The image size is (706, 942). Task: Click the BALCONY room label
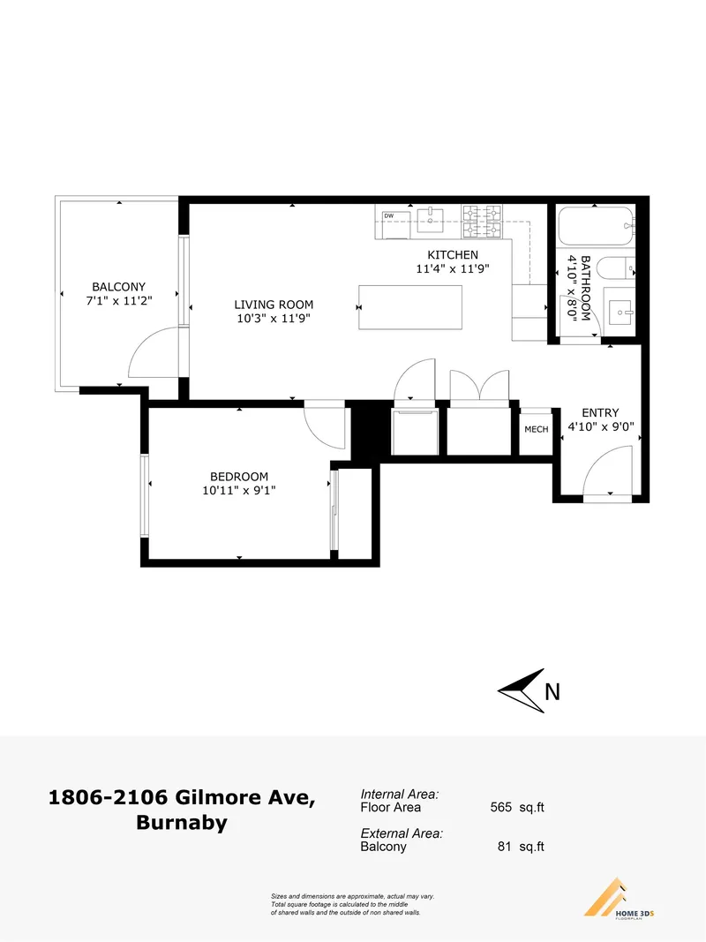[x=119, y=287]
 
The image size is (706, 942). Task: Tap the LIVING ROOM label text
[x=274, y=305]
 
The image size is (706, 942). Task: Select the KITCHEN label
[x=453, y=255]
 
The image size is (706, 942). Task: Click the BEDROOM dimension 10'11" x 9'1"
[x=239, y=491]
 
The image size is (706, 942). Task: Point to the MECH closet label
[x=537, y=430]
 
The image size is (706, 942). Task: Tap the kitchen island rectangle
[x=410, y=307]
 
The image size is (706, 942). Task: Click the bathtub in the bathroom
[x=597, y=227]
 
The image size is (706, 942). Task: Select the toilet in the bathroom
[x=613, y=268]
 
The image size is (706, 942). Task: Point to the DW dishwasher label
[x=388, y=215]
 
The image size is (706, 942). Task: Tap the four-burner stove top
[x=483, y=222]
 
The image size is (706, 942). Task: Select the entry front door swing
[x=609, y=472]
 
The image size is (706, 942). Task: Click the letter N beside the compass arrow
[x=552, y=693]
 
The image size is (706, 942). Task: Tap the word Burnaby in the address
[x=181, y=824]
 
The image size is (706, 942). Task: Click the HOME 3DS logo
[x=618, y=900]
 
